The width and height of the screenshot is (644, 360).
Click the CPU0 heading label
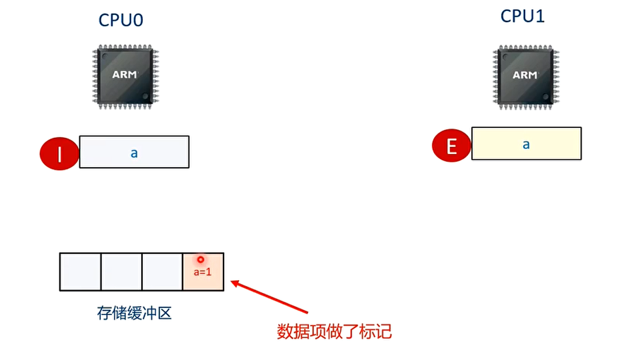(121, 20)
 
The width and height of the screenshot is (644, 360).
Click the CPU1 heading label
(522, 16)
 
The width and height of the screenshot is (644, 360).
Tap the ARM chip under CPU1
(525, 75)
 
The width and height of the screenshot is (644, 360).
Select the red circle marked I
(60, 154)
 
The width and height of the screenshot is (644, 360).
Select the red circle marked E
(452, 146)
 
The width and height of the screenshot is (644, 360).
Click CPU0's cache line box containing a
(134, 152)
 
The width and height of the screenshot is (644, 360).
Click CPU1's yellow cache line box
(526, 144)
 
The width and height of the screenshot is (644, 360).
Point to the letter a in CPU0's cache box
(134, 153)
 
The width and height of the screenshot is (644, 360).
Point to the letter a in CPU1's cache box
(526, 144)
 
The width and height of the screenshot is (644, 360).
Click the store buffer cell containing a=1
(203, 272)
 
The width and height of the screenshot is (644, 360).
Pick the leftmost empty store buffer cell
(80, 272)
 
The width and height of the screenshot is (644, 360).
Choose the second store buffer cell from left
(122, 272)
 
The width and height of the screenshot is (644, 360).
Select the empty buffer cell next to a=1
(162, 272)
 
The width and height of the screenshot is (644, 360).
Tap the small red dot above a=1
(201, 259)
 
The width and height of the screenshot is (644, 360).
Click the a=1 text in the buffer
(203, 272)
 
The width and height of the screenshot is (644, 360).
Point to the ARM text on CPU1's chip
(525, 75)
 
